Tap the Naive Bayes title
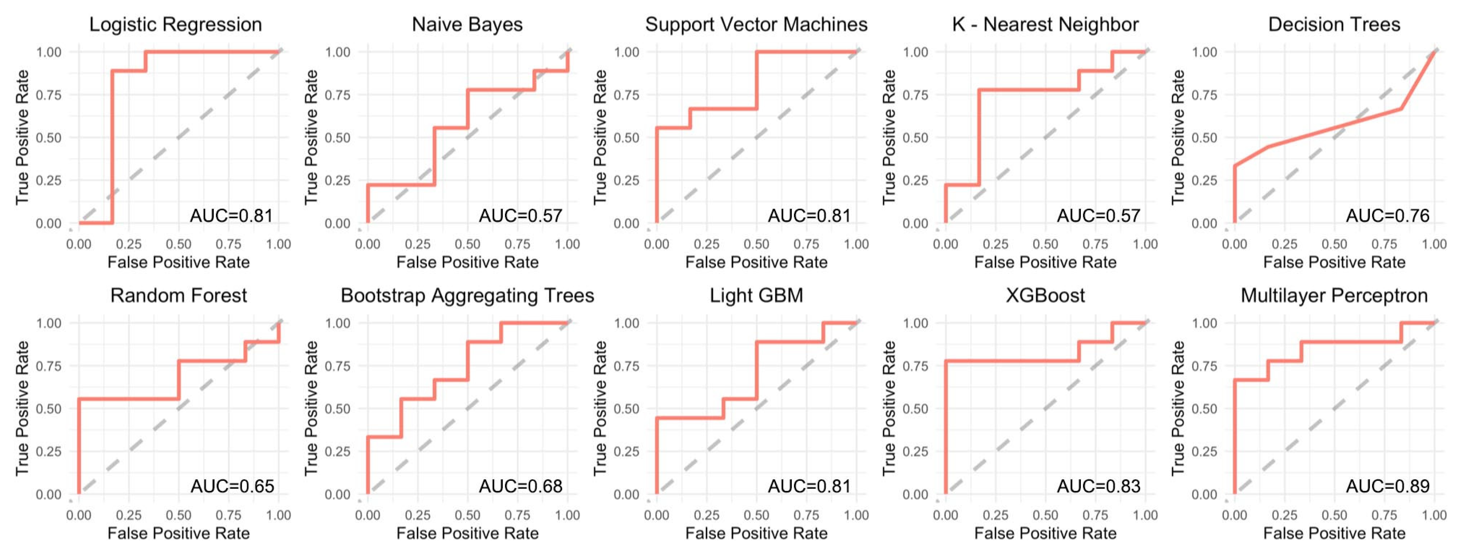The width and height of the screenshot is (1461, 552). coord(467,25)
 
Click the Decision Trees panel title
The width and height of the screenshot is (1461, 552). coord(1334,25)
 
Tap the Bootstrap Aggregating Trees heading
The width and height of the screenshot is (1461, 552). coord(467,296)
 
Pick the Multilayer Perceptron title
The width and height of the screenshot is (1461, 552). coord(1334,296)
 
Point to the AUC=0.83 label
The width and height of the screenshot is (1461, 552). coord(1099,486)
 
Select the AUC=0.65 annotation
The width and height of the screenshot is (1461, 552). coord(232,486)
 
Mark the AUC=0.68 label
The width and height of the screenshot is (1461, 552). coord(521,486)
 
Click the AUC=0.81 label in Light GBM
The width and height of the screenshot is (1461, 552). coord(809,486)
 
